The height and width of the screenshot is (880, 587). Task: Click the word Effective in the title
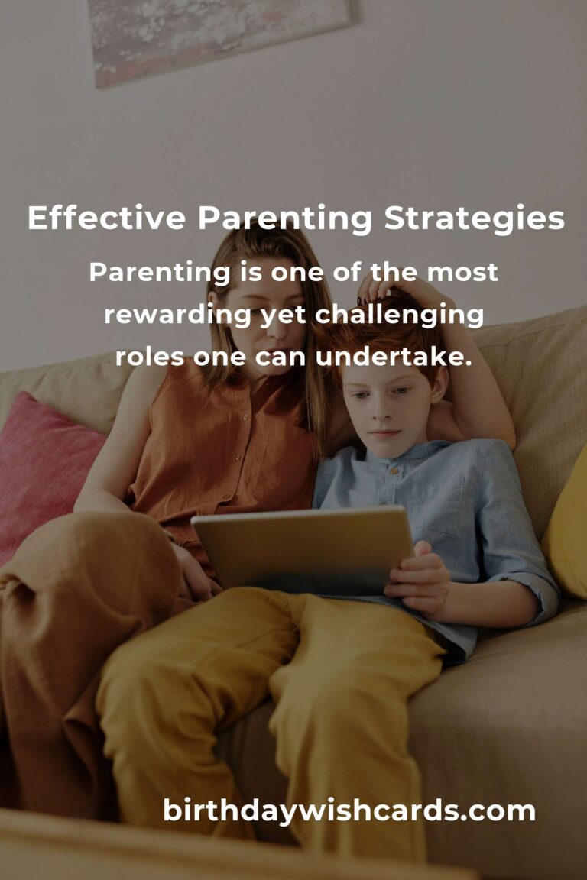(106, 219)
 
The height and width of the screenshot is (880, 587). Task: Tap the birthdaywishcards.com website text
(349, 810)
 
